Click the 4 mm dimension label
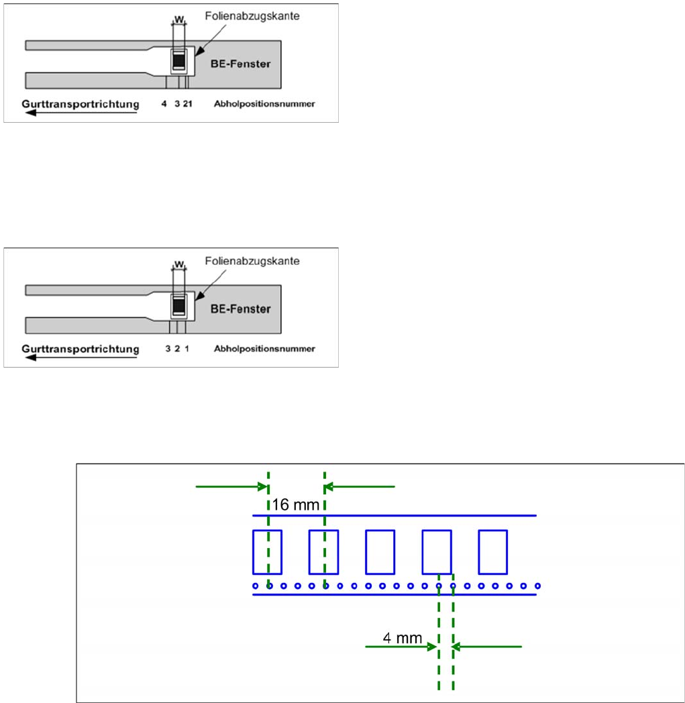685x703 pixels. pos(402,638)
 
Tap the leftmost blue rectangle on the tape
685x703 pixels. pos(266,551)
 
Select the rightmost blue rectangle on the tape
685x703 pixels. pos(492,551)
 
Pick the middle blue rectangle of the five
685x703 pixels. pos(380,551)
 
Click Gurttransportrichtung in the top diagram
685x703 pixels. pos(80,104)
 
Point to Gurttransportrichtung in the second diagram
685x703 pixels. pos(80,349)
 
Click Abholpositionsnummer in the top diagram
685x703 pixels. pos(264,105)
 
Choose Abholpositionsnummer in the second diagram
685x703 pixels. pos(264,349)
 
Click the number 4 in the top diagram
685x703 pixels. pos(164,105)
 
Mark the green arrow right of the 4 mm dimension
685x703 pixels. pos(488,647)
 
